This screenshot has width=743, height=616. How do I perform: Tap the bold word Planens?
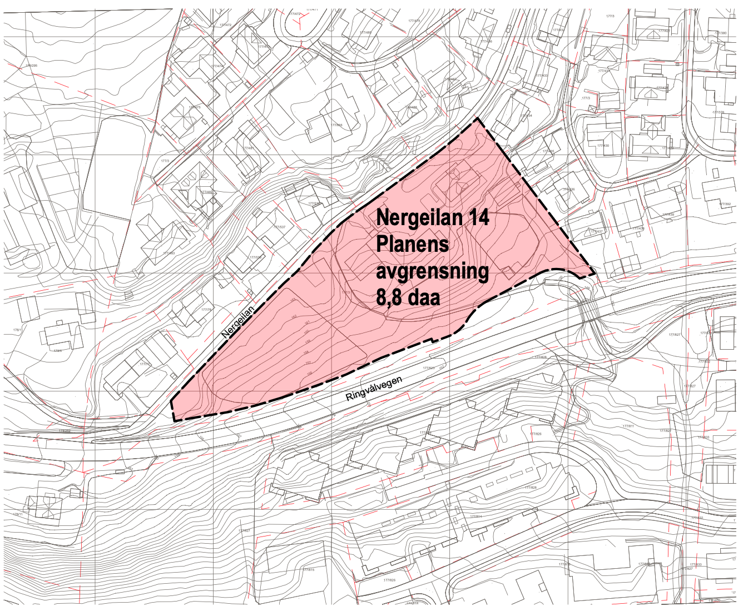click(413, 244)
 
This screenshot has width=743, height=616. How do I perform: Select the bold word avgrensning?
click(433, 271)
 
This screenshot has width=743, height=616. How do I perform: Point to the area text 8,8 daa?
click(408, 297)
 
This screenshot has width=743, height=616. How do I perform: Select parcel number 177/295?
click(31, 66)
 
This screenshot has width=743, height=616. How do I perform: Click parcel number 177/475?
click(194, 107)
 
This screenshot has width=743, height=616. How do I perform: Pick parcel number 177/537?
click(279, 227)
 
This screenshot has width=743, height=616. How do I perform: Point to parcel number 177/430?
click(603, 146)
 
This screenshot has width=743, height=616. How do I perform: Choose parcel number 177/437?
click(597, 231)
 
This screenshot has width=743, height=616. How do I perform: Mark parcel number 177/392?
click(724, 204)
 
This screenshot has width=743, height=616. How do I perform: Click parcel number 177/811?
click(628, 425)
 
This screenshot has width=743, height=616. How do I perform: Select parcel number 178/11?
click(18, 514)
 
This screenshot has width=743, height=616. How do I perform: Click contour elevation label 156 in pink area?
click(309, 373)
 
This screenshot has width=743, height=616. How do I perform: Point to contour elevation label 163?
click(293, 301)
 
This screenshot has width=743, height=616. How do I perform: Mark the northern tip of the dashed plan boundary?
click(477, 119)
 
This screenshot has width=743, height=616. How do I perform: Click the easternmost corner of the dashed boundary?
click(595, 274)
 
